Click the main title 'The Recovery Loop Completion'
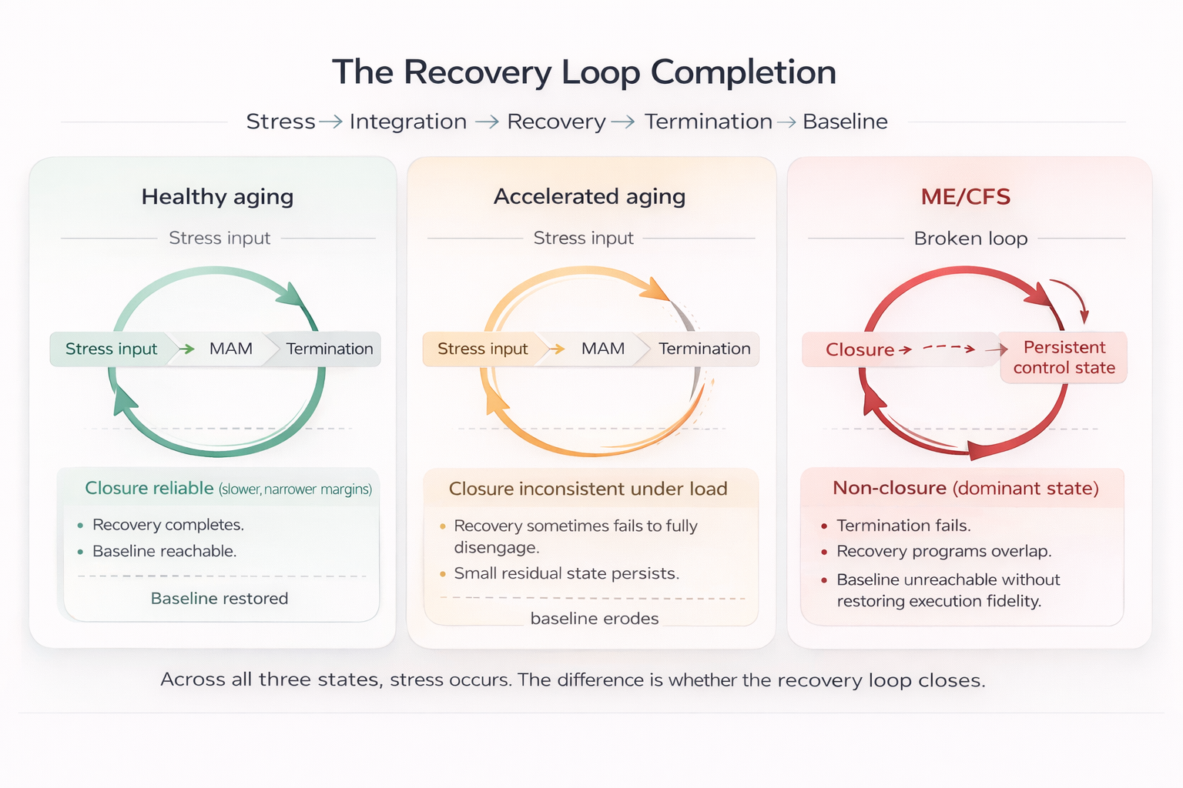584,72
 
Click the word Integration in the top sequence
407,122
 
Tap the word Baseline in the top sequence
845,122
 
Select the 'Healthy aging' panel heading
217,197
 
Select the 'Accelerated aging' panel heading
589,197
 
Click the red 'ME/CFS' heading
965,197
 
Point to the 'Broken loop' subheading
970,239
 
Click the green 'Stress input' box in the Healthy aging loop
111,349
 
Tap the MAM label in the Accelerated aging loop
602,349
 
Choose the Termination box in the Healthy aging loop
329,349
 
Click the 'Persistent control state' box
1064,358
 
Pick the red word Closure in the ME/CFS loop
860,350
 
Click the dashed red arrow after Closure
949,349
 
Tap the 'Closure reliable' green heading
149,489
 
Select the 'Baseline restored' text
220,599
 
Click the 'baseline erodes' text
595,619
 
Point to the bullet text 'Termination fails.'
903,526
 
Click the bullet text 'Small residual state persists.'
566,573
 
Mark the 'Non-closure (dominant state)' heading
965,489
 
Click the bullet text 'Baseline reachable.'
164,551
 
